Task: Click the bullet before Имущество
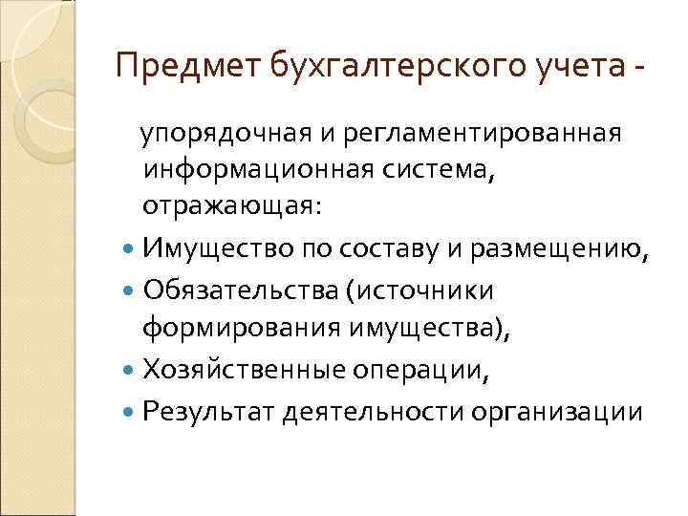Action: pos(130,251)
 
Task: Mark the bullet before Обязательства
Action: pos(130,289)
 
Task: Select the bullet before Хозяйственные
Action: pos(130,370)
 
